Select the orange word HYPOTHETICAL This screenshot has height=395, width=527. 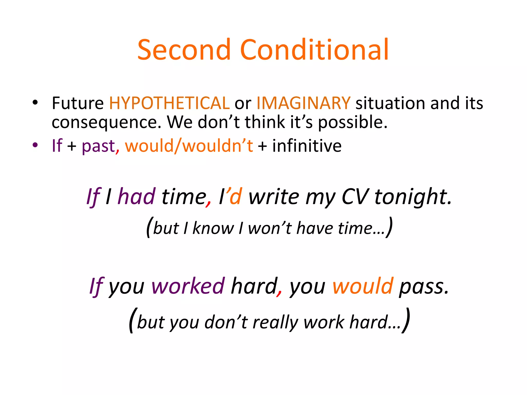tap(169, 103)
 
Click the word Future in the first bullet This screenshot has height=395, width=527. tap(78, 103)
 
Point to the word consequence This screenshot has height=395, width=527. tap(106, 122)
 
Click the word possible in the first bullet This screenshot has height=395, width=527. tap(353, 122)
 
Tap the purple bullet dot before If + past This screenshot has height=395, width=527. tap(35, 145)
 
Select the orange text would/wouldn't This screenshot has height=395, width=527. tap(189, 146)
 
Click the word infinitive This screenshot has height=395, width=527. tap(307, 146)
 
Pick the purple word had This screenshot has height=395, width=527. tap(137, 196)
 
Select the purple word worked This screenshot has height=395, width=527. tap(188, 286)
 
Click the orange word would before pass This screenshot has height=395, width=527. tap(363, 286)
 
